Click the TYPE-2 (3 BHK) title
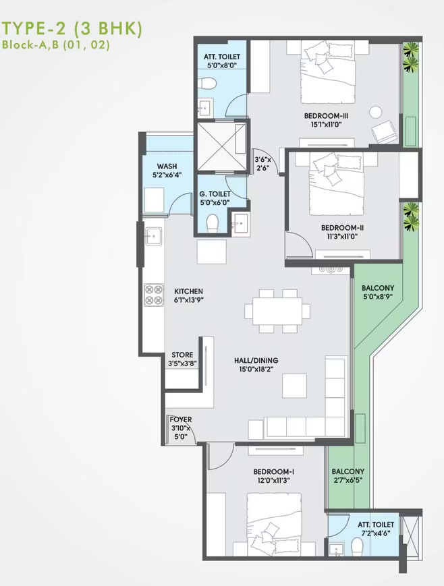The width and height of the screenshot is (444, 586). [72, 30]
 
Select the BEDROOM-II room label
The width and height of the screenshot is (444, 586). [342, 228]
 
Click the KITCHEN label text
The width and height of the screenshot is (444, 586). [188, 291]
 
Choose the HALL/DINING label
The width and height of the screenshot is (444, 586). [256, 361]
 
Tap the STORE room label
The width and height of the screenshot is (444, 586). [182, 355]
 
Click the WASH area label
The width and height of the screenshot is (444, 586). [167, 166]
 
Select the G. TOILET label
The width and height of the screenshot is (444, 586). [215, 194]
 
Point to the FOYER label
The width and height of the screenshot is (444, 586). [181, 419]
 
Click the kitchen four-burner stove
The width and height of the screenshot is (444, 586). [154, 295]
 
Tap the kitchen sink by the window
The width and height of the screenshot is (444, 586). [153, 236]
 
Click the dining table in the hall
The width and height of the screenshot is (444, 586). [277, 312]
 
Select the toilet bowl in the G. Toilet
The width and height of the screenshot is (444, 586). [212, 223]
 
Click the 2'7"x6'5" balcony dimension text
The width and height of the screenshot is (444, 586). [348, 481]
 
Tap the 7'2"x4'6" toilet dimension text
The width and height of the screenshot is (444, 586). [375, 533]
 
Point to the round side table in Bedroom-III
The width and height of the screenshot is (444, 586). [376, 113]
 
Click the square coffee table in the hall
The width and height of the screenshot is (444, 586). [295, 386]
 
